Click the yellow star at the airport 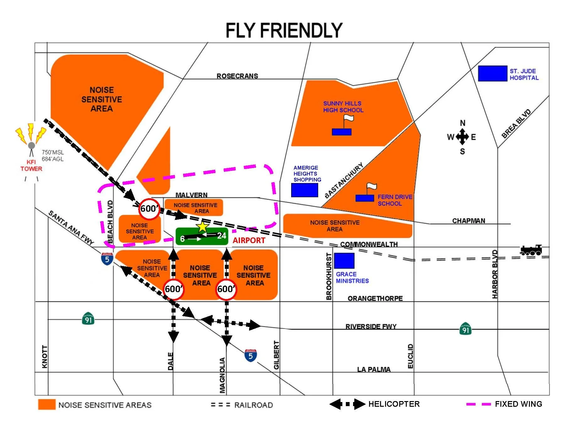203,226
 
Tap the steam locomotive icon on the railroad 531,250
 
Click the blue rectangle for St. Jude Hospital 492,73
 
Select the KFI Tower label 31,165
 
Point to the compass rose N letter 462,123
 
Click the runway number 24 221,236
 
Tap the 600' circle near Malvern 149,209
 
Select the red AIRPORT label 249,240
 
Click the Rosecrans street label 237,76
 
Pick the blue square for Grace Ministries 344,261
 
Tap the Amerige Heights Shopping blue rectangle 304,190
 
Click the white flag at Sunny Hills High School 349,118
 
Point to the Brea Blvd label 516,124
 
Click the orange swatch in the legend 46,405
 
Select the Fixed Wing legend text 518,404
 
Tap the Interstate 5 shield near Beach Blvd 107,259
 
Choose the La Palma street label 373,369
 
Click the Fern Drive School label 395,200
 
